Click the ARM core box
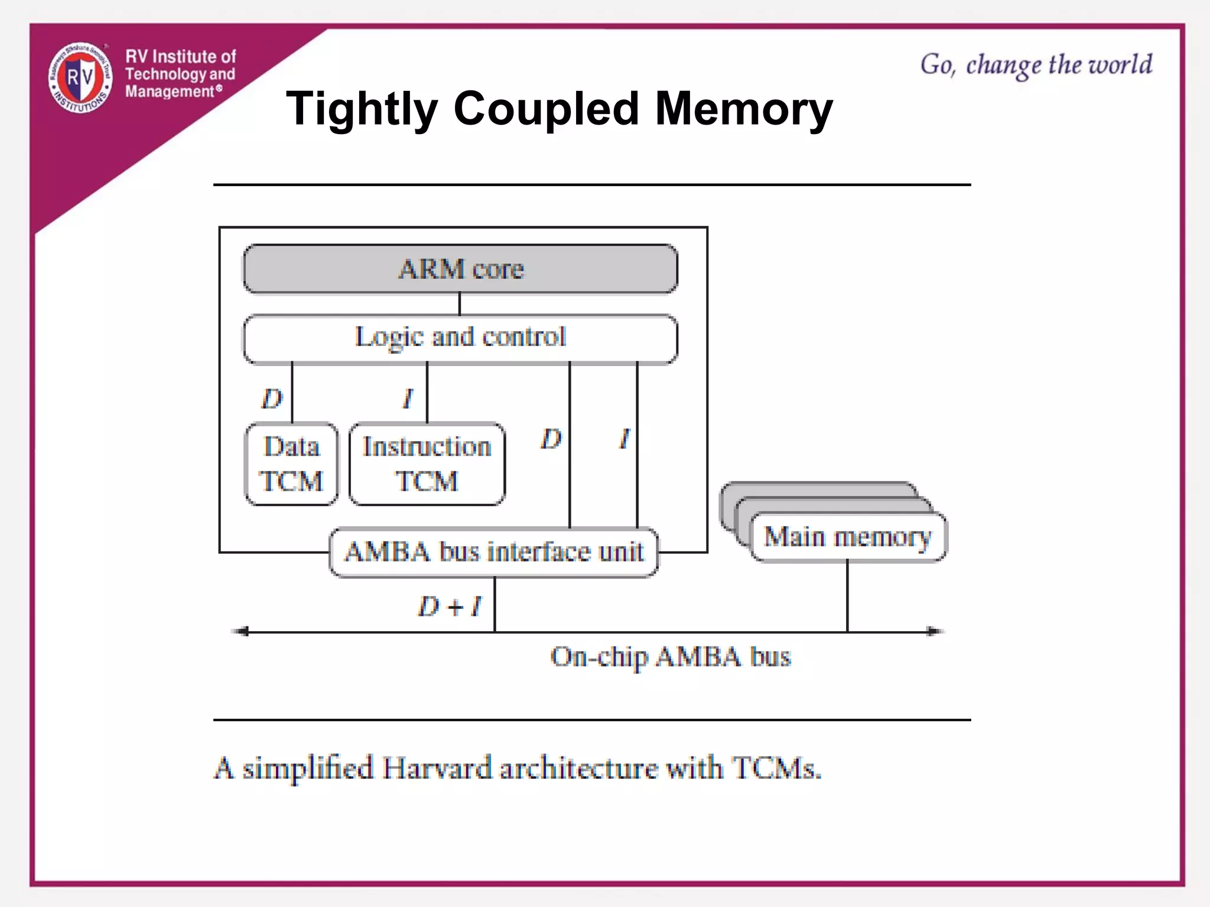click(x=460, y=269)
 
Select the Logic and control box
click(x=460, y=338)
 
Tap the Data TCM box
click(x=292, y=464)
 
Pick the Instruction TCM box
click(x=427, y=464)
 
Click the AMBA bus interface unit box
click(x=494, y=552)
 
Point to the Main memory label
click(x=847, y=537)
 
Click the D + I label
click(x=450, y=606)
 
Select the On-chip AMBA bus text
click(x=670, y=657)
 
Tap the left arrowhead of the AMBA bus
click(x=240, y=632)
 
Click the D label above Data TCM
click(x=272, y=399)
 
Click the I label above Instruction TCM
click(x=408, y=399)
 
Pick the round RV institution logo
click(x=80, y=77)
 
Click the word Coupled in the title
click(x=546, y=109)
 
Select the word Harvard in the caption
click(x=437, y=769)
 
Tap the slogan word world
click(x=1120, y=64)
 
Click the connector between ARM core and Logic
click(x=460, y=304)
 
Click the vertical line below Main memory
click(x=847, y=596)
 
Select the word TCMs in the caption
click(x=776, y=769)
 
